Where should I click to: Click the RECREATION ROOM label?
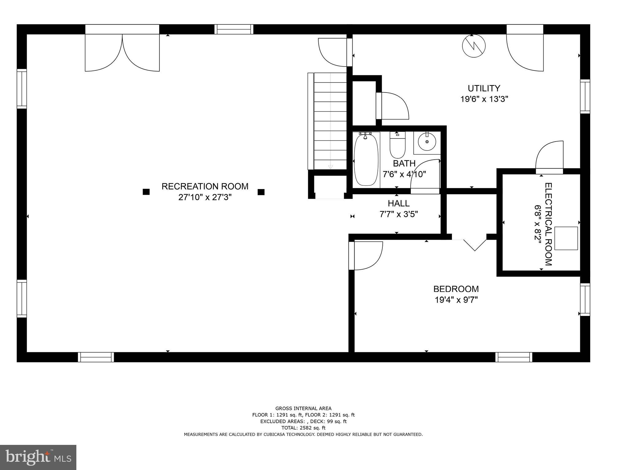point(205,186)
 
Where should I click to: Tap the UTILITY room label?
point(484,89)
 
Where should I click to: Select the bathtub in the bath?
point(366,160)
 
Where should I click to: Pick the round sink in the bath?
point(427,142)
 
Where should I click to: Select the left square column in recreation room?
point(146,192)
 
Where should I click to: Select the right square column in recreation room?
point(261,192)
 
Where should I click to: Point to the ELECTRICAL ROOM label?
point(548,224)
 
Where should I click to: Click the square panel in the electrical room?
point(566,238)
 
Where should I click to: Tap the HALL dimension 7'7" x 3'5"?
point(399,214)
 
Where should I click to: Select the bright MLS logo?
point(38,457)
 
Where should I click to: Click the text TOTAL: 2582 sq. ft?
point(303,428)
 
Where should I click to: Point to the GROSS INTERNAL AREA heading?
point(303,408)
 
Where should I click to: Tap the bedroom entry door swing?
point(367,255)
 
